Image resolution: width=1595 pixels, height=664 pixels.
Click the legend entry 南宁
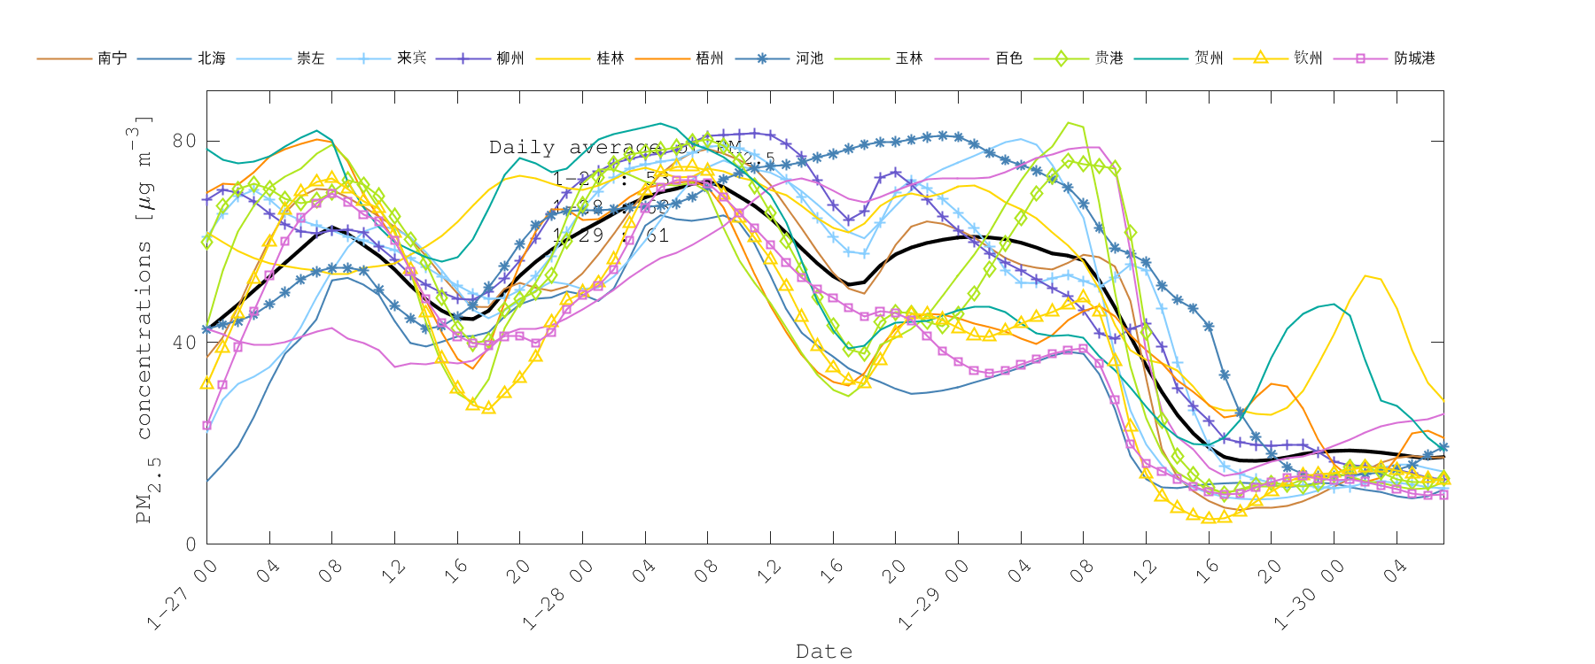[x=113, y=58]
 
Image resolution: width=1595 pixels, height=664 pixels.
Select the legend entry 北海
[x=212, y=58]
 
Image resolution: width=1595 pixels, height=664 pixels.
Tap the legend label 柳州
[x=510, y=58]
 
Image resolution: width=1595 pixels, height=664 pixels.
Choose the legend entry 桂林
[x=611, y=58]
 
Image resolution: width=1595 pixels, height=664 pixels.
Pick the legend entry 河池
[x=810, y=58]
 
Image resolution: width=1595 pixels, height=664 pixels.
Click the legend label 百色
[x=1009, y=58]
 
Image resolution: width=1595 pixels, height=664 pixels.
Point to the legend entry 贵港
[x=1109, y=58]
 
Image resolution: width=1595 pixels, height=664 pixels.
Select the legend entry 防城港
[x=1414, y=58]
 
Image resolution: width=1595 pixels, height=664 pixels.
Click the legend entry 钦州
[x=1309, y=58]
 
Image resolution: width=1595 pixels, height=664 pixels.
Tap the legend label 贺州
[x=1209, y=58]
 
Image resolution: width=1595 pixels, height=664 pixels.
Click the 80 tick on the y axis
[x=184, y=141]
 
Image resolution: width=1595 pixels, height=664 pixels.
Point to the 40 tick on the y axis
[x=184, y=343]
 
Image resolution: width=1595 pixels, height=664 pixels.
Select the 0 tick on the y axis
[x=191, y=544]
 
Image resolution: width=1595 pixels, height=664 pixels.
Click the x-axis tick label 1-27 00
[x=183, y=596]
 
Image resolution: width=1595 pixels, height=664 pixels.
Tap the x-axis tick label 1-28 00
[x=557, y=596]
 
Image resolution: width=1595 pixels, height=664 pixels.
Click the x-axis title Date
[x=824, y=652]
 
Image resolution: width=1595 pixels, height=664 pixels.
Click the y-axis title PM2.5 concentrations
[x=144, y=319]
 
